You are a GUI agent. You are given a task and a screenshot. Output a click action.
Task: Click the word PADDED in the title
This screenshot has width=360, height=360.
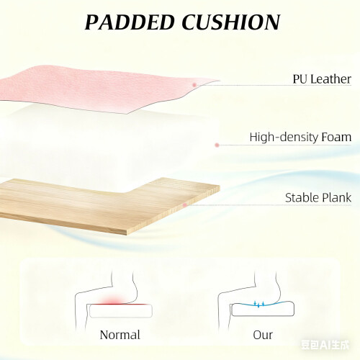click(x=130, y=22)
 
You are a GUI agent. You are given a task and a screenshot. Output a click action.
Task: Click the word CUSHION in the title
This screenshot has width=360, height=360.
click(x=231, y=22)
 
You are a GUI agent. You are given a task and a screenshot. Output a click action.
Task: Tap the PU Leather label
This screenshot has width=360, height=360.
click(x=322, y=79)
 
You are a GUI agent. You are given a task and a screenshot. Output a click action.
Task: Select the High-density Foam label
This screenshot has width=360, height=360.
click(x=300, y=137)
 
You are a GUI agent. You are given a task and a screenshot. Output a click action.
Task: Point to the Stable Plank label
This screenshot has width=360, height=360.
click(x=318, y=198)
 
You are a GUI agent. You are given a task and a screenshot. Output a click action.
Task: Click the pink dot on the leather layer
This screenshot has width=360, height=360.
click(x=194, y=85)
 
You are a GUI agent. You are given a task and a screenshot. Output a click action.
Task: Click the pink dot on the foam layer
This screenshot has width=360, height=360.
click(x=217, y=145)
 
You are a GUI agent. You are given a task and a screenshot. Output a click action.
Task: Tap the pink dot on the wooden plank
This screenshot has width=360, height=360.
click(x=184, y=205)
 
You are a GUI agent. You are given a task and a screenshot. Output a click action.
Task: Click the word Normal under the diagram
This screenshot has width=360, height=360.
click(x=120, y=335)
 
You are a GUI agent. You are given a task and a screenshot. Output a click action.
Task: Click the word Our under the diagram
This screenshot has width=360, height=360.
click(x=263, y=335)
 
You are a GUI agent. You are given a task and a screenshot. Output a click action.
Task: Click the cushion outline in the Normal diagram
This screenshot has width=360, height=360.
click(x=121, y=311)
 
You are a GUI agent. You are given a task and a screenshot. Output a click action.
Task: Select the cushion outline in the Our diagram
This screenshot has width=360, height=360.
click(x=263, y=309)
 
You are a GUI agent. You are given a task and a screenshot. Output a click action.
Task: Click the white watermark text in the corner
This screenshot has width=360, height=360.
click(x=325, y=345)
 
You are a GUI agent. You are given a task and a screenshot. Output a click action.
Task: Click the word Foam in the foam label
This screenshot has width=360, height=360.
click(x=336, y=137)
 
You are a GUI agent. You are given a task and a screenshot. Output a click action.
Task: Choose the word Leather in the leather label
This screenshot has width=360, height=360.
click(x=330, y=79)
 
